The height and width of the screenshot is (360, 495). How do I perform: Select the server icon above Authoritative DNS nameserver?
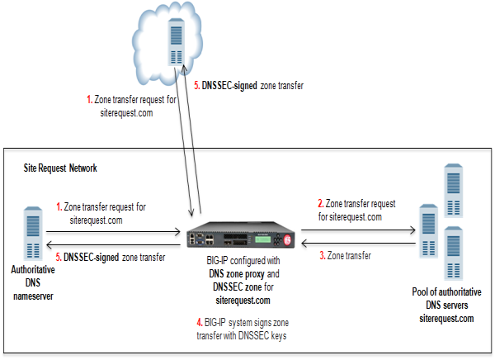31,233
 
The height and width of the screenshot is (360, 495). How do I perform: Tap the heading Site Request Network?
60,168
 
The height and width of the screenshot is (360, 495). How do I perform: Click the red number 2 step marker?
320,203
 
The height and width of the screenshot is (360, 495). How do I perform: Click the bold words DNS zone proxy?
233,272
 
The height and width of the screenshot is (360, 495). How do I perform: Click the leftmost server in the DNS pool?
426,232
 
